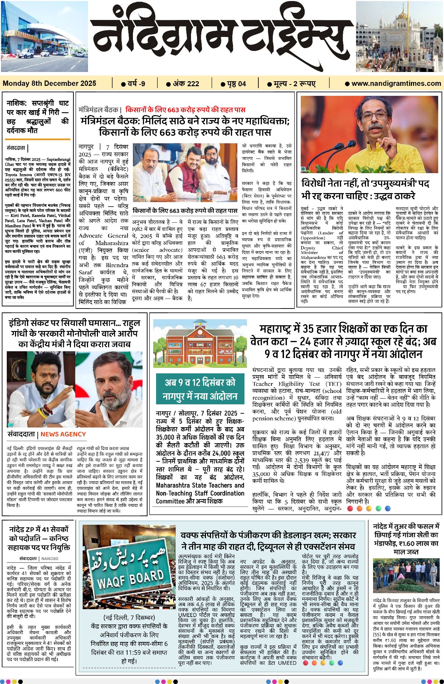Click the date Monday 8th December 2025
pyautogui.click(x=50, y=83)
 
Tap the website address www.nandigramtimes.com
pyautogui.click(x=396, y=83)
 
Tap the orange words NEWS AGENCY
pyautogui.click(x=63, y=434)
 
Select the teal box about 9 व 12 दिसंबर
pyautogui.click(x=200, y=389)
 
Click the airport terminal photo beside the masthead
pyautogui.click(x=44, y=36)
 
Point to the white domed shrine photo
pyautogui.click(x=399, y=36)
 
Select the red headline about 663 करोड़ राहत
pyautogui.click(x=185, y=110)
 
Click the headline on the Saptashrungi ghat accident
pyautogui.click(x=37, y=116)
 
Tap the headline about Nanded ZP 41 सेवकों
pyautogui.click(x=39, y=538)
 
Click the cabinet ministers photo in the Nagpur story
pyautogui.click(x=185, y=173)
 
